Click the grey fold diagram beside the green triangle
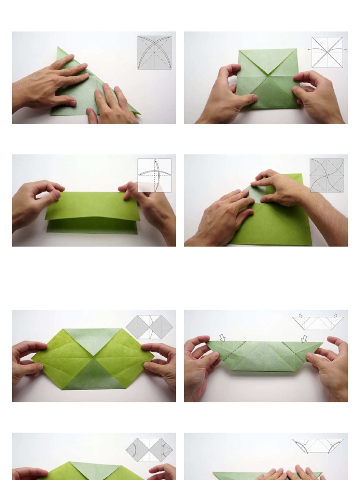point(154,52)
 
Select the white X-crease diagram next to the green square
point(327,52)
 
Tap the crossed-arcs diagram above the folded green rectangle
point(154,175)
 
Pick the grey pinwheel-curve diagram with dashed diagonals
point(326,175)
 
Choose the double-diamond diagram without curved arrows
point(149,327)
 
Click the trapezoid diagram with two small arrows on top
point(317,322)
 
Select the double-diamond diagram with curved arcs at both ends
point(149,450)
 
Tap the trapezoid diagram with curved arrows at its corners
point(317,446)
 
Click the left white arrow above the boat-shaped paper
point(222,337)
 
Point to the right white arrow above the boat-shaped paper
point(304,338)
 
